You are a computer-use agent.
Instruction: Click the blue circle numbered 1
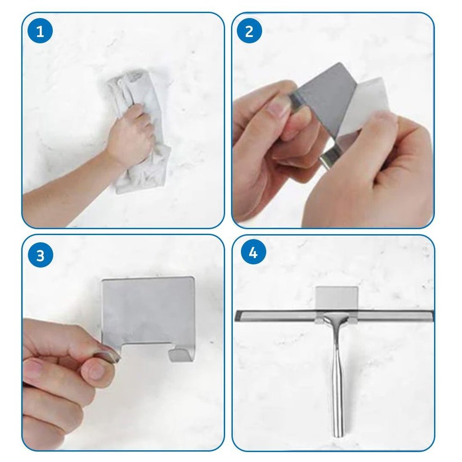pyautogui.click(x=40, y=31)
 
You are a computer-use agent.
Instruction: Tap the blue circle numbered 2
pyautogui.click(x=249, y=31)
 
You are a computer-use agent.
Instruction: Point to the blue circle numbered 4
pyautogui.click(x=254, y=253)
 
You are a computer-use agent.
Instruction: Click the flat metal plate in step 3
pyautogui.click(x=148, y=312)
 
